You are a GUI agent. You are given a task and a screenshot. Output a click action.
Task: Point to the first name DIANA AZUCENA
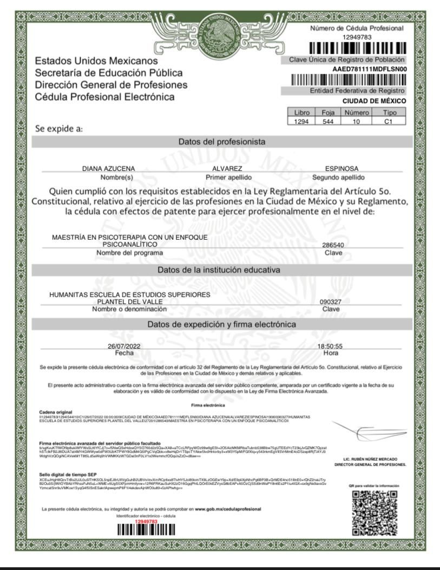tap(108, 168)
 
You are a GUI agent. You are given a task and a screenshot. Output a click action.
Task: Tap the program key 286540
tap(333, 245)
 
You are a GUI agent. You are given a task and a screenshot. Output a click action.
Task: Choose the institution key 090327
tap(331, 302)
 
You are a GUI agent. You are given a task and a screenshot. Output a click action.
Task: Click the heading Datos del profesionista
tap(222, 142)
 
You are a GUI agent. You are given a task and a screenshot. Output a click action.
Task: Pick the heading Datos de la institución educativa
tap(222, 270)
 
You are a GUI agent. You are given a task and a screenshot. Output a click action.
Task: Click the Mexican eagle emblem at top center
tap(220, 28)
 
